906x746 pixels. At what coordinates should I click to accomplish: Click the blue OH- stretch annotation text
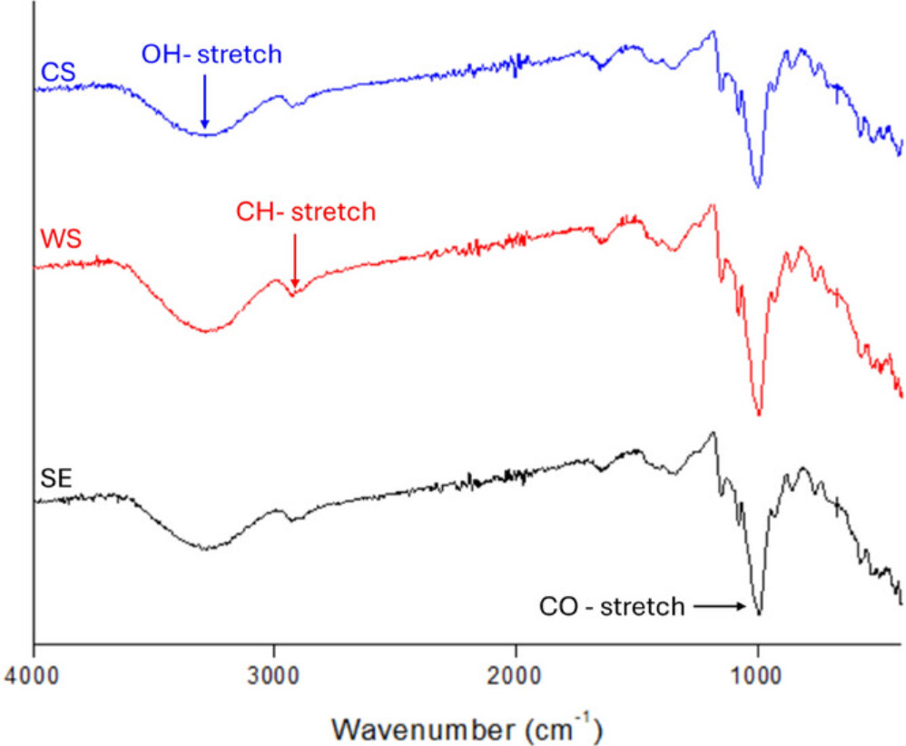click(x=212, y=54)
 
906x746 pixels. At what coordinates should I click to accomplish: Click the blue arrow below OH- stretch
click(x=205, y=100)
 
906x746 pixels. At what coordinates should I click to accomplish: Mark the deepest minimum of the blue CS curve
click(x=757, y=187)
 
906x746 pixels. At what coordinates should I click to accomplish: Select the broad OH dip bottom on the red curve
click(x=207, y=331)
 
